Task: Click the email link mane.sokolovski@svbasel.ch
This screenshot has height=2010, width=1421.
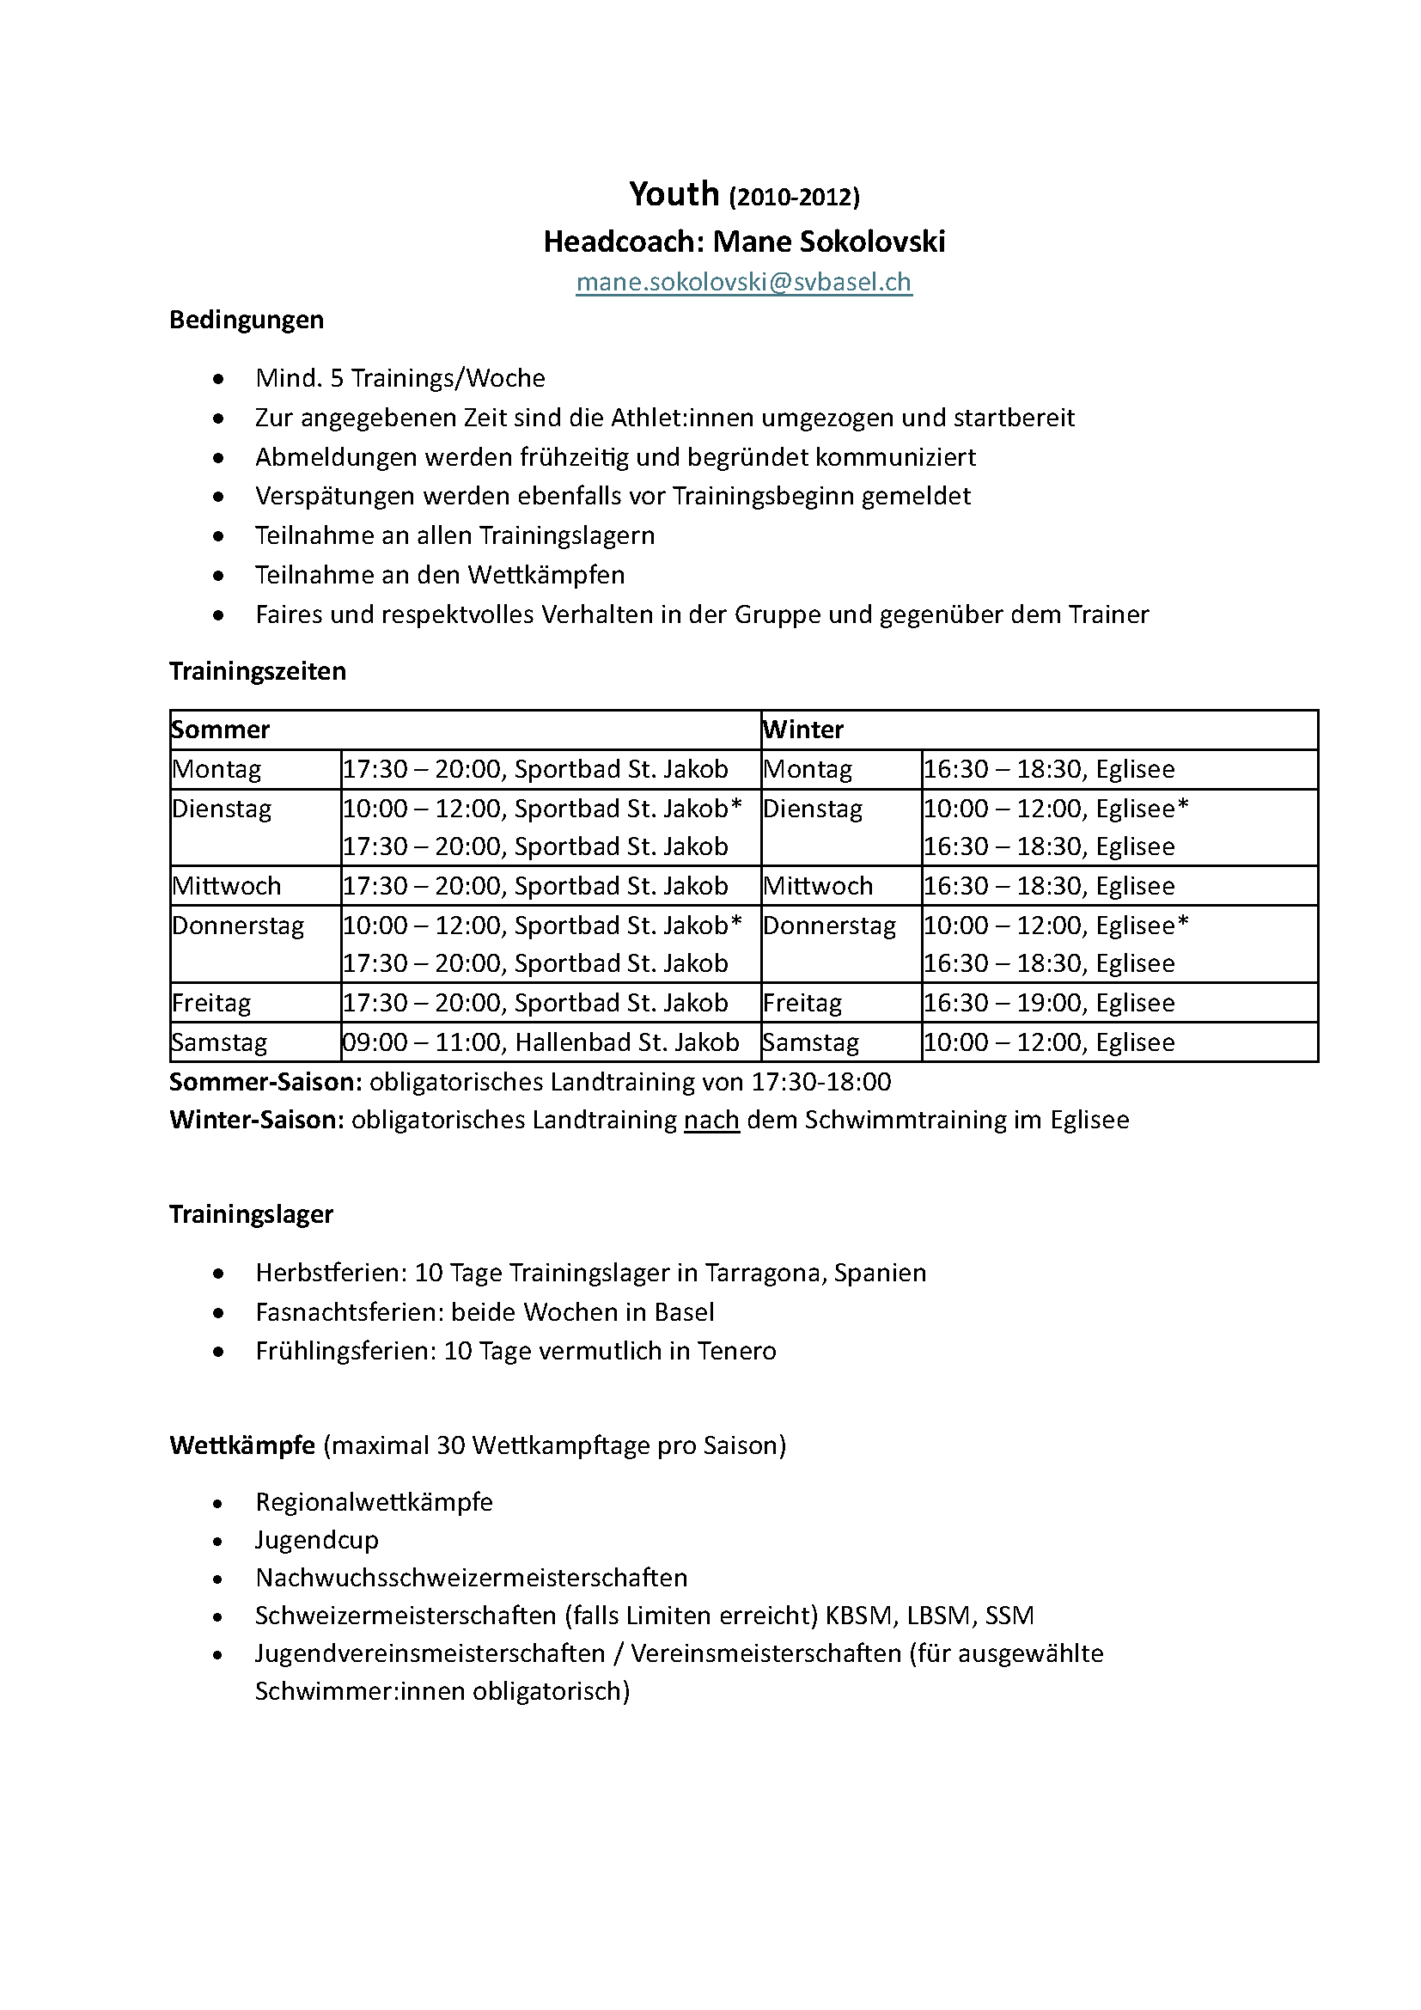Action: click(x=744, y=282)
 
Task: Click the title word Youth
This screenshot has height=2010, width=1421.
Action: click(x=674, y=193)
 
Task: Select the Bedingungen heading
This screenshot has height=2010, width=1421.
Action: click(x=246, y=320)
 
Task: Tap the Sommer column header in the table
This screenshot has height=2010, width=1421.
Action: click(x=221, y=730)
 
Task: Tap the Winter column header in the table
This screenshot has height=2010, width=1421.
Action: click(x=803, y=730)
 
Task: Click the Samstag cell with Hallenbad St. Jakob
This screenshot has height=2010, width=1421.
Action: click(x=540, y=1042)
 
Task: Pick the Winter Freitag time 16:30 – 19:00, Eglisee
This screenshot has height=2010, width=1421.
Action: click(x=1048, y=1002)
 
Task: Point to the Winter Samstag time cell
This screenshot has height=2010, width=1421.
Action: click(x=1048, y=1042)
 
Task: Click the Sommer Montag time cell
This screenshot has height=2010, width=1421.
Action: click(x=534, y=768)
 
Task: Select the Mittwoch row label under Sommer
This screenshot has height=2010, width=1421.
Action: click(x=227, y=885)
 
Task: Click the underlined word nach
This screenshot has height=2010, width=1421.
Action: click(x=711, y=1120)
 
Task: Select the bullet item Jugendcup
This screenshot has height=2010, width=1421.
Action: click(x=317, y=1540)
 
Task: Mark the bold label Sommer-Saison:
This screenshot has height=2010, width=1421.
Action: click(x=265, y=1082)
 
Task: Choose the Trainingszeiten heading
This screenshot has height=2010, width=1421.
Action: click(x=257, y=670)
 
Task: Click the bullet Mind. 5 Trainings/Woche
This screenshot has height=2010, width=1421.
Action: click(x=399, y=378)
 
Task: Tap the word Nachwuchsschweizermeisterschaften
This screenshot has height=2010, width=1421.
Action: click(x=471, y=1578)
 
